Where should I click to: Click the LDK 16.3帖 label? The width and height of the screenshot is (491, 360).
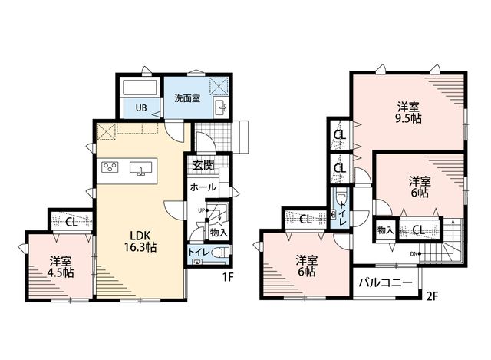pos(140,241)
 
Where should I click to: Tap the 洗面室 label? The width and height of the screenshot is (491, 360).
pos(187,98)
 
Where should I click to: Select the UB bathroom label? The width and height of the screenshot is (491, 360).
pos(141,108)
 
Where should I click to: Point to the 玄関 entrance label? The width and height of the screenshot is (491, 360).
pos(203,165)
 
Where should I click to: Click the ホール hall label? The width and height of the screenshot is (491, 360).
pos(203,187)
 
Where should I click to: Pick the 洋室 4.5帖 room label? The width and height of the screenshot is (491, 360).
pos(61,267)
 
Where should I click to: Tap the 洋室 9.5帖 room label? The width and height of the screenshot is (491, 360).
pos(409,113)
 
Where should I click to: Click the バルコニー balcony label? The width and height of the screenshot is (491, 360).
pos(385,283)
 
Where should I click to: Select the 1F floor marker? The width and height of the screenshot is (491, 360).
pos(229,277)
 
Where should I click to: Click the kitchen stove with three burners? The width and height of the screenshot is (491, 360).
pos(110,167)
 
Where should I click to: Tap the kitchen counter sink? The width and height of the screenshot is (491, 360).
pos(140,168)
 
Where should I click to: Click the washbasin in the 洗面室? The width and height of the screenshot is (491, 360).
pos(221,107)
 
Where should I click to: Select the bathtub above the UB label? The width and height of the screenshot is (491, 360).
pos(140,88)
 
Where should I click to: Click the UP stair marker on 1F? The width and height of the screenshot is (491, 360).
pos(203,210)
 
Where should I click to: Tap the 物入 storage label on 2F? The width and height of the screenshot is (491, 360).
pos(385,230)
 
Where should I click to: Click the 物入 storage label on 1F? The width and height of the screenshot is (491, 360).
pos(219,233)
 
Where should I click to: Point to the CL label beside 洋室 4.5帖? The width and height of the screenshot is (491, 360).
pos(71,223)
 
